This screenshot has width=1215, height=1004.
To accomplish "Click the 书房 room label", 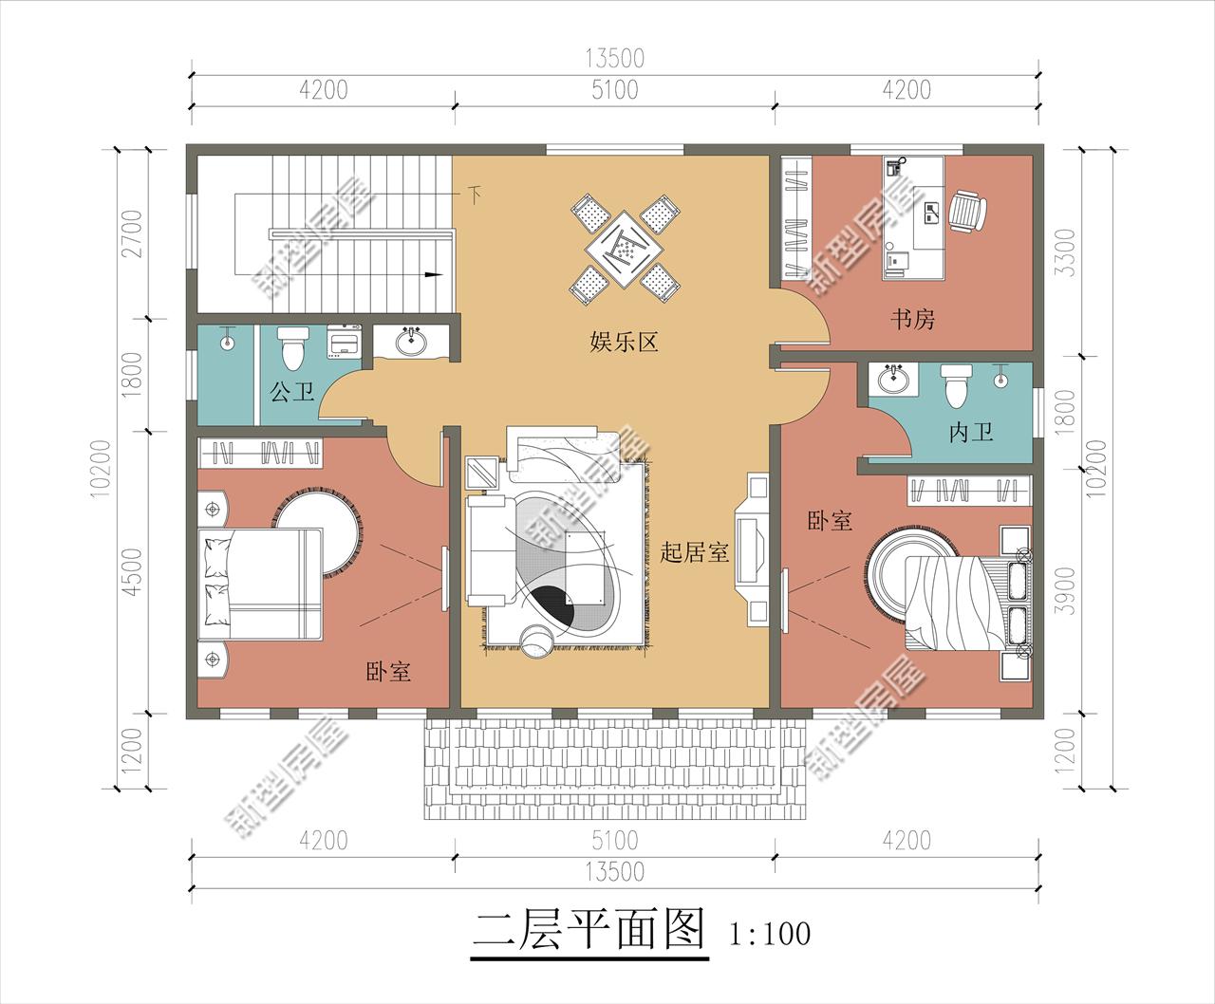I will pyautogui.click(x=912, y=319).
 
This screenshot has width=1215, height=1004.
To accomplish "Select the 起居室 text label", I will pyautogui.click(x=694, y=552).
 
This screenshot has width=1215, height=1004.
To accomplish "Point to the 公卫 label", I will pyautogui.click(x=291, y=392).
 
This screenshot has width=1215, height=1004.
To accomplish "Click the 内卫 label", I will pyautogui.click(x=971, y=433).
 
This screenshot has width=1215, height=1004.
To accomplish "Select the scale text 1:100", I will pyautogui.click(x=771, y=934).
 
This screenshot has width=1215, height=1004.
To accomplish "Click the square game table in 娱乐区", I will pyautogui.click(x=622, y=249).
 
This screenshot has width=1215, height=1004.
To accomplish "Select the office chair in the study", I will pyautogui.click(x=967, y=212).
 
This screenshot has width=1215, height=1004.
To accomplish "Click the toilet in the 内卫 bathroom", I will pyautogui.click(x=955, y=383).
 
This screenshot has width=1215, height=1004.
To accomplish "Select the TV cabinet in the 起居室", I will pyautogui.click(x=756, y=549).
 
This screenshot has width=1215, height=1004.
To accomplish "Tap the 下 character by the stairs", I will pyautogui.click(x=474, y=196).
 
